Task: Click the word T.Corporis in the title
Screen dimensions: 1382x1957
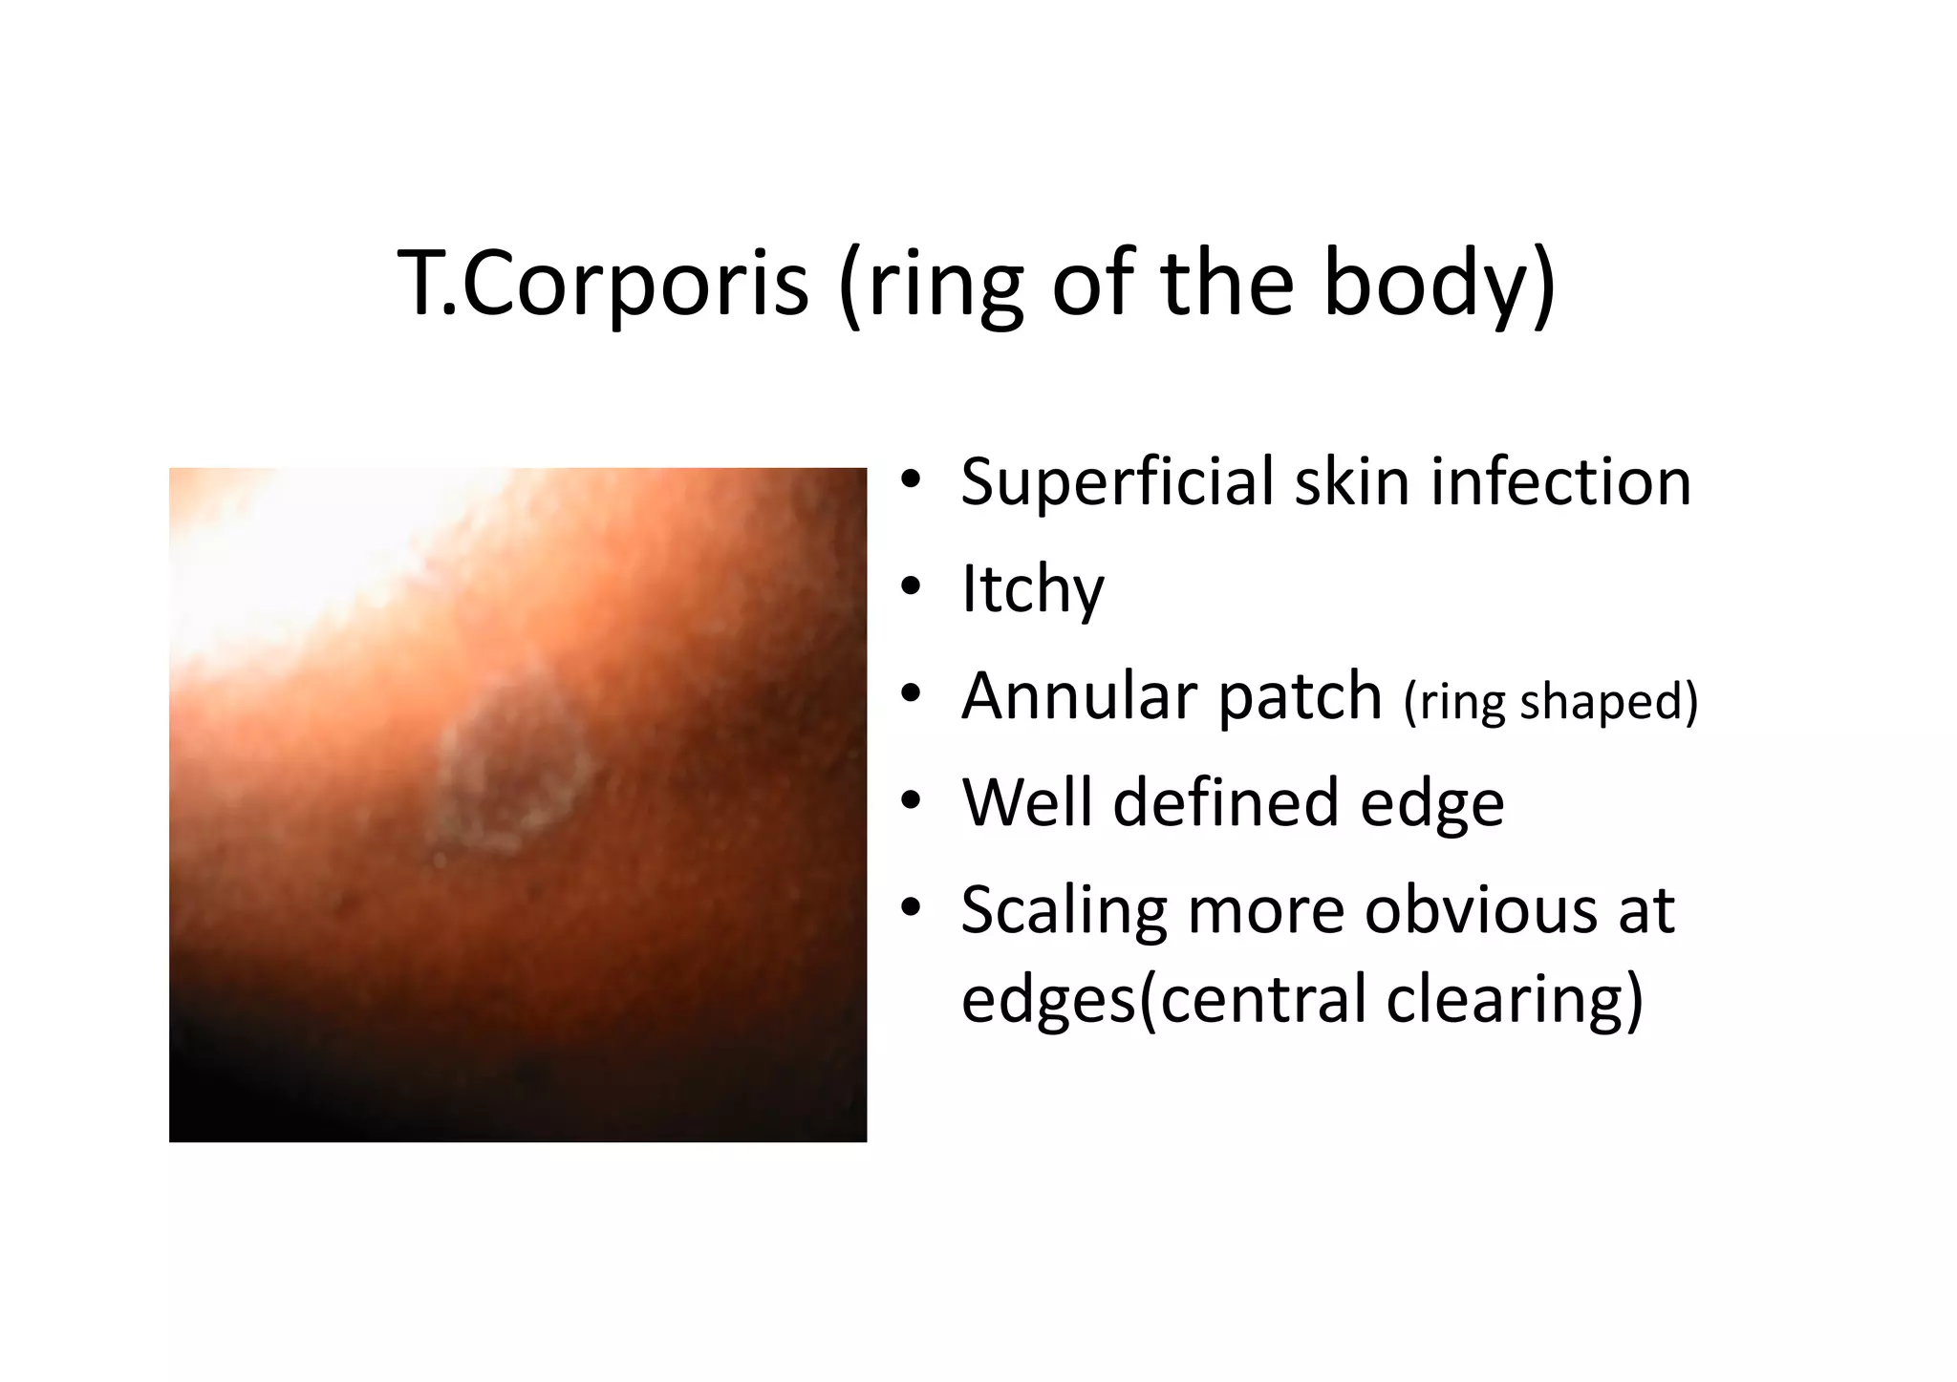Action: pyautogui.click(x=603, y=284)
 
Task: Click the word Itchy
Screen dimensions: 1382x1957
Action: pyautogui.click(x=1032, y=589)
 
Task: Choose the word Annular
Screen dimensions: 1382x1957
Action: pyautogui.click(x=1076, y=696)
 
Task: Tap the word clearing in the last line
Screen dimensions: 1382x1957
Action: pyautogui.click(x=1514, y=999)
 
